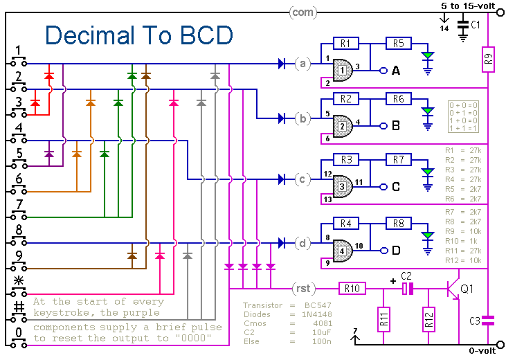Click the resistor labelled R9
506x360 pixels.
[x=488, y=62]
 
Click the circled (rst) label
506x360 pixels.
[x=302, y=287]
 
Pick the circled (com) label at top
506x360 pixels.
[x=302, y=12]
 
